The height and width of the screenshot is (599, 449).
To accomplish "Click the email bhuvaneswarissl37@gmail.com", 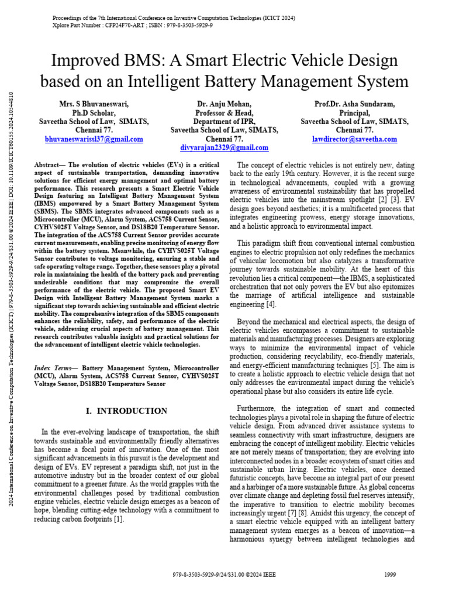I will [94, 140].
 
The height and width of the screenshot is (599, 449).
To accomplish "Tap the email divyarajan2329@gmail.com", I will [224, 148].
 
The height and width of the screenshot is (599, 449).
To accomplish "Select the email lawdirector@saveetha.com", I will [355, 140].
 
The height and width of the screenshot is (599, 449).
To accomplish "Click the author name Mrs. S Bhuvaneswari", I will [94, 104].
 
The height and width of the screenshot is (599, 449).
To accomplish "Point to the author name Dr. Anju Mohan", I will [224, 104].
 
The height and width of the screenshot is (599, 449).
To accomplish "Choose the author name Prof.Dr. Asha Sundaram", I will [355, 104].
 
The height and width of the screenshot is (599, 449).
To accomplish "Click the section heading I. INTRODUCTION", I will [123, 411].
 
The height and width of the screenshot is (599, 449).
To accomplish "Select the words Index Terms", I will [53, 367].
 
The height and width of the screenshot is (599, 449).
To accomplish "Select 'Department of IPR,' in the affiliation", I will [224, 122].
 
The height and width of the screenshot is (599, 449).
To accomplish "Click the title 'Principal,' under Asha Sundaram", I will [355, 113].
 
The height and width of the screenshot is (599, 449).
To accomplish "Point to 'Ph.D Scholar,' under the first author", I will [94, 113].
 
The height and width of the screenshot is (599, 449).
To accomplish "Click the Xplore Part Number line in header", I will [132, 26].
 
